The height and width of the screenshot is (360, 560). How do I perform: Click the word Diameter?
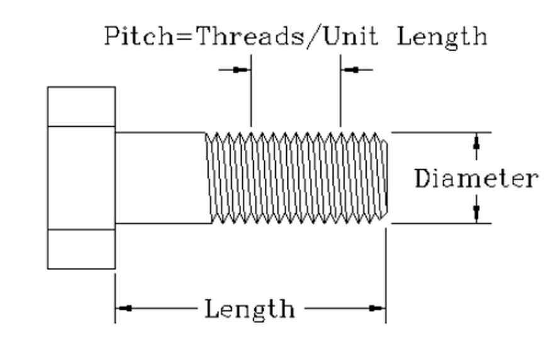click(476, 179)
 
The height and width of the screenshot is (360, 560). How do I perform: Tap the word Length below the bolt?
click(250, 309)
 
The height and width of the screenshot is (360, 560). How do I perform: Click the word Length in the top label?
click(442, 36)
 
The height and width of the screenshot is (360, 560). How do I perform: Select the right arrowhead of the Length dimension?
click(376, 308)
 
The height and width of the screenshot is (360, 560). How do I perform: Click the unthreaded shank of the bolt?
click(160, 177)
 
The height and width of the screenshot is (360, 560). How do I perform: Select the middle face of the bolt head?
click(81, 177)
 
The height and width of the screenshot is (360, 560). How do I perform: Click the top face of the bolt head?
click(81, 106)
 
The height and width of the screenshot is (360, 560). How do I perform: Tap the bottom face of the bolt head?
click(81, 249)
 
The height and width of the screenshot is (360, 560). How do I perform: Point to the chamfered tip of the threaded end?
click(384, 177)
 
